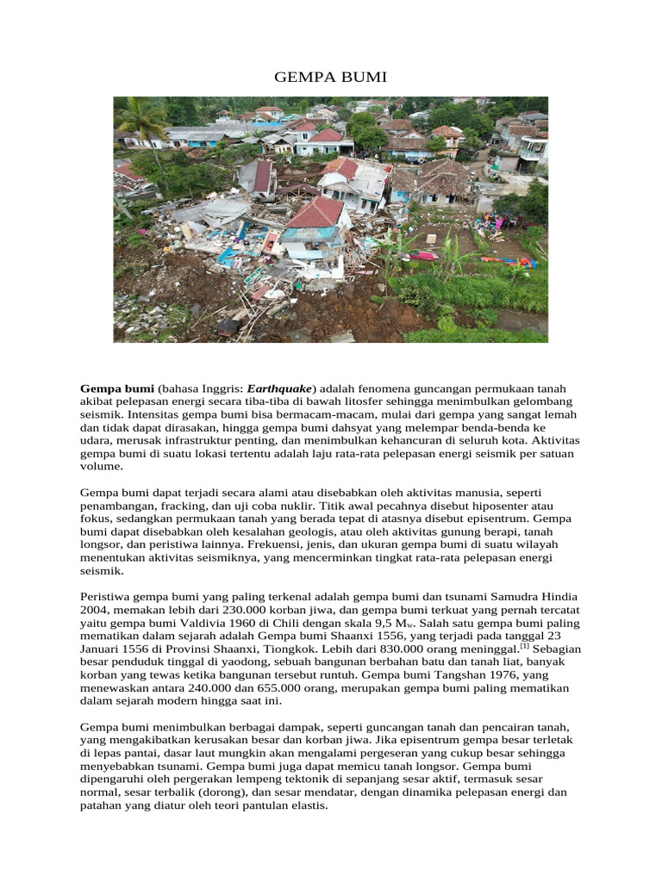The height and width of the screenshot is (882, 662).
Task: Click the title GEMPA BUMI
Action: [x=331, y=78]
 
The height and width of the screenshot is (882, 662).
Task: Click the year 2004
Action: [x=95, y=611]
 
